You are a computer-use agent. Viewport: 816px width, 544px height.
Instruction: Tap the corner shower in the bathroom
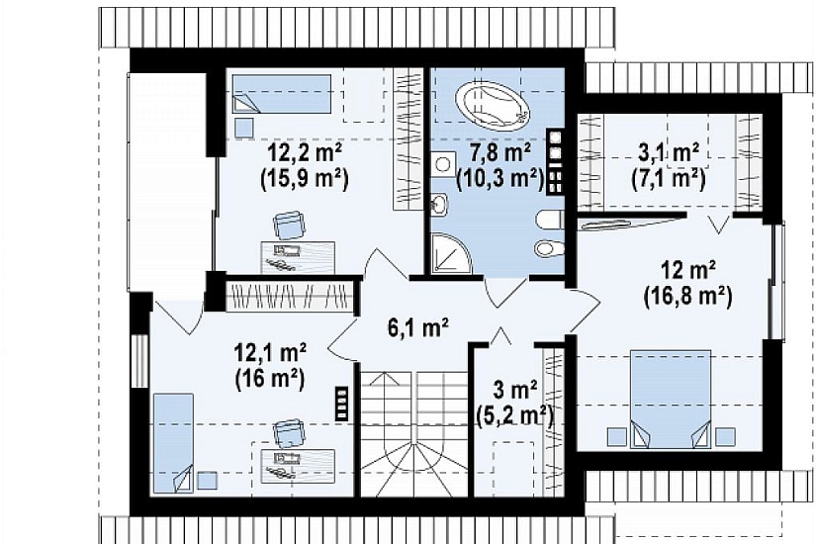[450, 254]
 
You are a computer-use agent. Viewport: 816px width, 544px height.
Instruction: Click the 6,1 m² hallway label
[418, 328]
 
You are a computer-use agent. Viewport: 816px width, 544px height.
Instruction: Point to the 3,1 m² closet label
[669, 152]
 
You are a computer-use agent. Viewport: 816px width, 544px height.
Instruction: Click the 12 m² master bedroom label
[688, 271]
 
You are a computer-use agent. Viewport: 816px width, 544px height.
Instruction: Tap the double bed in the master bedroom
[671, 400]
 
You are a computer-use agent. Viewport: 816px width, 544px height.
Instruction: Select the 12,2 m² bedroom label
[305, 154]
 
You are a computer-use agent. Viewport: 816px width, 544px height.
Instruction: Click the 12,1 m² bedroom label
[270, 354]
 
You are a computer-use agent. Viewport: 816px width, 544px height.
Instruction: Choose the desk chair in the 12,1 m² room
[290, 433]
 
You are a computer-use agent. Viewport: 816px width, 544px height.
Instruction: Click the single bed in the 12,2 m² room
[282, 94]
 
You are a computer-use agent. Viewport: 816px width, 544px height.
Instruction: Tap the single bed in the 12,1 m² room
[172, 443]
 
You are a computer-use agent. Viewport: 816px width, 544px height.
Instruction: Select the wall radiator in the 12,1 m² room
[341, 402]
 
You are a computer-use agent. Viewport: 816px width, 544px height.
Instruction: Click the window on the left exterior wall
[138, 361]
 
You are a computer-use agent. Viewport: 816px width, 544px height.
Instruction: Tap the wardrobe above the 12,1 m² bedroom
[290, 297]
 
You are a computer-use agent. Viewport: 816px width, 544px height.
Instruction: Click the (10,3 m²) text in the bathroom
[499, 179]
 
